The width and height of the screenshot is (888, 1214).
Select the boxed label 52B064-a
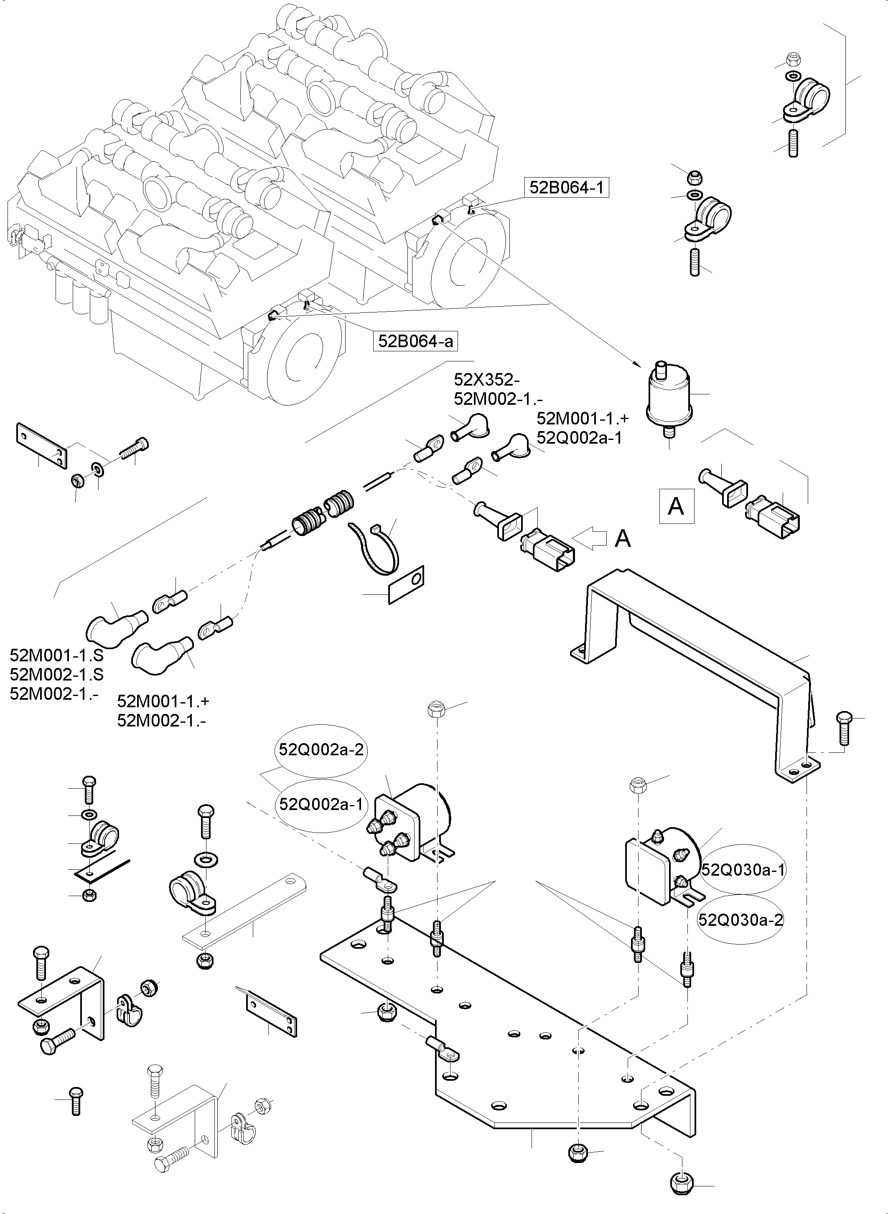point(415,341)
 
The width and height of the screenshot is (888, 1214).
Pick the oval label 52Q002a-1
point(321,805)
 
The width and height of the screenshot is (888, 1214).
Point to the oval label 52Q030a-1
point(743,869)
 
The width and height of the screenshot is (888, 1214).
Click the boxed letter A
point(676,506)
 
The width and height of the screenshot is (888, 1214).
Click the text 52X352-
point(486,380)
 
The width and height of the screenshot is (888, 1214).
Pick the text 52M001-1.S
point(56,655)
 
